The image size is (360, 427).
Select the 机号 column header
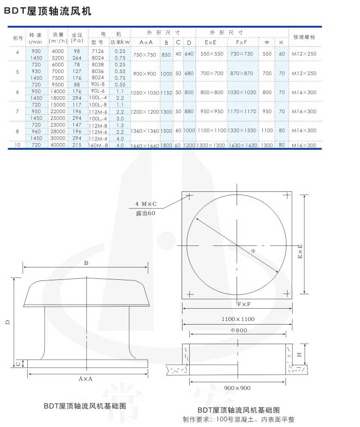(x=18, y=38)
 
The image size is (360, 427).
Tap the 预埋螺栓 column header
(x=304, y=38)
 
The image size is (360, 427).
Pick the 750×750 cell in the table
(x=145, y=55)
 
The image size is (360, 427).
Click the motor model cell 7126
(x=97, y=51)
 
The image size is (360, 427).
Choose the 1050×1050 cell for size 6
(x=144, y=93)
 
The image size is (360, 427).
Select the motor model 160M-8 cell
(x=98, y=146)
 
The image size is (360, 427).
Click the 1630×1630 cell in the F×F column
(x=242, y=146)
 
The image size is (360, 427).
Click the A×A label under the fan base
(x=85, y=378)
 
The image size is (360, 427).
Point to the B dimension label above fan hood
(x=86, y=263)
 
